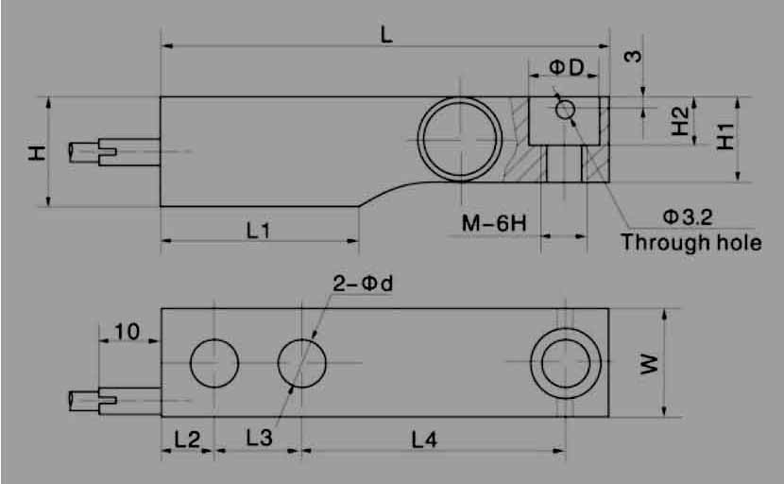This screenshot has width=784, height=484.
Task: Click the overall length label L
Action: [x=386, y=35]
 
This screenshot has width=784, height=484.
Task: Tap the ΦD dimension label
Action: [x=567, y=67]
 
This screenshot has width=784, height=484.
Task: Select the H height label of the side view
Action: [x=38, y=153]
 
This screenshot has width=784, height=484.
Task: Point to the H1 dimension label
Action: [x=726, y=137]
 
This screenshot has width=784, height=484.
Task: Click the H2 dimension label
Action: [x=680, y=122]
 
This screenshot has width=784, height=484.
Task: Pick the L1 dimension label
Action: [x=259, y=231]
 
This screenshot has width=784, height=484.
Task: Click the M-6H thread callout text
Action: [x=494, y=223]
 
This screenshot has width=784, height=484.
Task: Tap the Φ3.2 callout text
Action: [x=688, y=217]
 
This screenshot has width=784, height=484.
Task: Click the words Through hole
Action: [x=691, y=242]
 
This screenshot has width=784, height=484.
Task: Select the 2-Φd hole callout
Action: [x=363, y=284]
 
